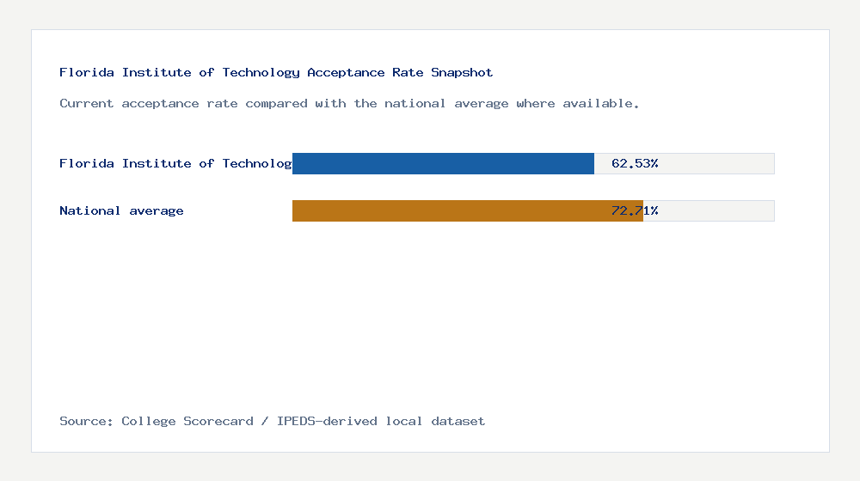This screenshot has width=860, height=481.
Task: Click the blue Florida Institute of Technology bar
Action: [443, 163]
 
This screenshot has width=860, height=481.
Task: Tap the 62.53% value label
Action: [635, 163]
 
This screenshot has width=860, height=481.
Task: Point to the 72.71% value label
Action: [635, 210]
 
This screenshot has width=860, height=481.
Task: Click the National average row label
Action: [121, 210]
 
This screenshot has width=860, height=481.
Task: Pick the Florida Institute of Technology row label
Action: [175, 163]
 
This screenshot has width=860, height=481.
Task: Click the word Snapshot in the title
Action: [462, 72]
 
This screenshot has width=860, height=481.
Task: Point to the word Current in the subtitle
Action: [87, 103]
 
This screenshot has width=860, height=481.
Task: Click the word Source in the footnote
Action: [85, 421]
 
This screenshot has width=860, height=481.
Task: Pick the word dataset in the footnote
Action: [458, 421]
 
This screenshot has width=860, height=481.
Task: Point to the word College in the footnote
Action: [149, 421]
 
